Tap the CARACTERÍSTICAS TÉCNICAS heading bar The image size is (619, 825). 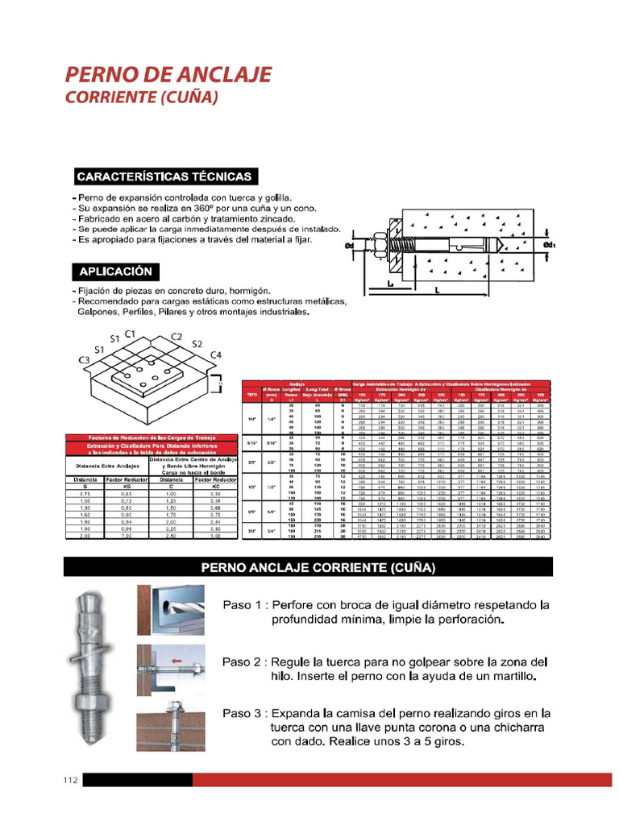[164, 176]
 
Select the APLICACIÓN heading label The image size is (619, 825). [116, 272]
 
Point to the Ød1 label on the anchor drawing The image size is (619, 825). [550, 244]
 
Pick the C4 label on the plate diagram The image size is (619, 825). [215, 355]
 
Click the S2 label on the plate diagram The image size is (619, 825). [197, 344]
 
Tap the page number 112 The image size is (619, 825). [70, 780]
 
